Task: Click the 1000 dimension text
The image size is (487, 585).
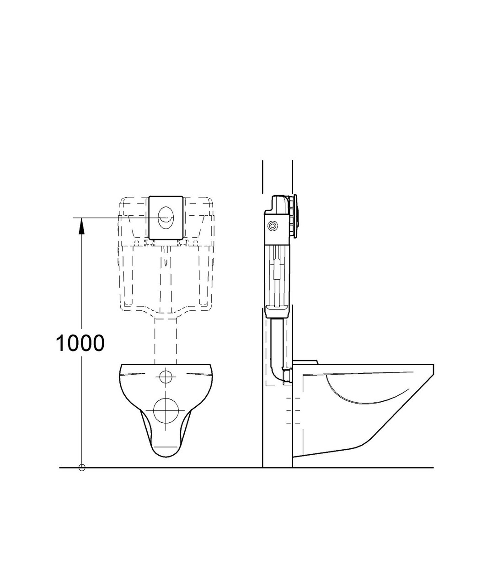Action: (x=80, y=343)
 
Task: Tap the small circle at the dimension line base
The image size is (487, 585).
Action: (x=82, y=467)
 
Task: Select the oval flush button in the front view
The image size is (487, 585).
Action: (x=166, y=218)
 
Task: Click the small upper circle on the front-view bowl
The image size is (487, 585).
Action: (x=166, y=377)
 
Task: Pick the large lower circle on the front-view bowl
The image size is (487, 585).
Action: (x=166, y=409)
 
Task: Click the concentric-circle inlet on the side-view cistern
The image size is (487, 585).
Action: (x=273, y=226)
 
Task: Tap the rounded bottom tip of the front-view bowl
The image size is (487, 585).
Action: (x=166, y=455)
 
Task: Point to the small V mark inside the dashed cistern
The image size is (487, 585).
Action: (x=166, y=263)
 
